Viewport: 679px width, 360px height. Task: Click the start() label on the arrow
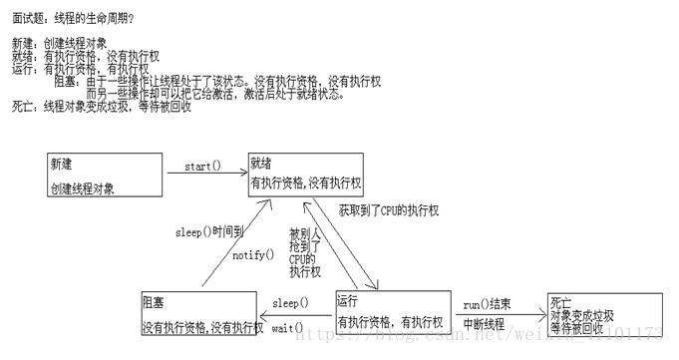202,166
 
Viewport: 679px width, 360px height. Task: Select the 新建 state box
105,174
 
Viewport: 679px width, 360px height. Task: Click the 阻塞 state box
200,313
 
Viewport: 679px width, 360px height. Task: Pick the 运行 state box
394,313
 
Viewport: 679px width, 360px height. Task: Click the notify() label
252,255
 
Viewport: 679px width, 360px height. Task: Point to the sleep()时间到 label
208,233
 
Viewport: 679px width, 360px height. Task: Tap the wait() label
289,326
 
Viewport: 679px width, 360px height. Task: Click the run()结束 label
489,303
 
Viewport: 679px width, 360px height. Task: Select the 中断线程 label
485,325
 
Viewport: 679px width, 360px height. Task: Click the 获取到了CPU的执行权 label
389,211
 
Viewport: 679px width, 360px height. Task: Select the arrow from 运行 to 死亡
499,314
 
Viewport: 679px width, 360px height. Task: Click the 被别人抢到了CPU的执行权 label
304,252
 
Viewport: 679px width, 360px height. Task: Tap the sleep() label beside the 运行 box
289,303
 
